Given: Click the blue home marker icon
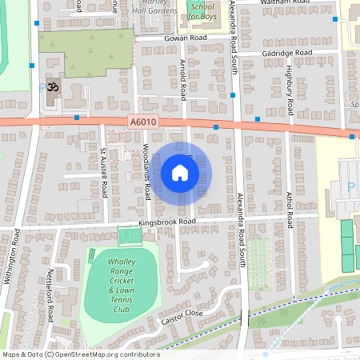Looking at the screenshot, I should point(180,172).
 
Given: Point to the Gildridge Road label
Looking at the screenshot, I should point(286,54).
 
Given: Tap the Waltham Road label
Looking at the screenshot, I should point(285,3).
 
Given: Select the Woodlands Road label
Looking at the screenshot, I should point(149,173).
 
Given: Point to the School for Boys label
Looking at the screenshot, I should point(202,11).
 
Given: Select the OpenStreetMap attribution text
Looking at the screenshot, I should point(81,354).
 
